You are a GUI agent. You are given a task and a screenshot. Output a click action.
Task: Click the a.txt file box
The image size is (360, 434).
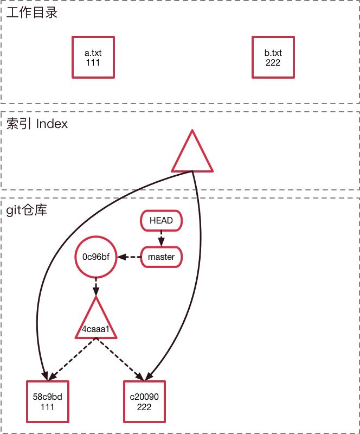pyautogui.click(x=93, y=57)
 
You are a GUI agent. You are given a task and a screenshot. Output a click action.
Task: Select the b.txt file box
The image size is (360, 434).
pyautogui.click(x=273, y=57)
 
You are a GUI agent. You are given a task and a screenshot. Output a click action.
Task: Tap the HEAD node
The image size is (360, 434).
pyautogui.click(x=161, y=221)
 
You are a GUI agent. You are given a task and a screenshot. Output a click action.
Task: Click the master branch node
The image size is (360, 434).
pyautogui.click(x=161, y=257)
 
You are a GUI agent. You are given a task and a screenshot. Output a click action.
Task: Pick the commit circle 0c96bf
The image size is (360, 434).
pyautogui.click(x=96, y=257)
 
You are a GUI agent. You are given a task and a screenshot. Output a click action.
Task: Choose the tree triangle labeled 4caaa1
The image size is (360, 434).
pyautogui.click(x=96, y=323)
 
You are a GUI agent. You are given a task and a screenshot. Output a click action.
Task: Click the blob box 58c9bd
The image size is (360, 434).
pyautogui.click(x=48, y=401)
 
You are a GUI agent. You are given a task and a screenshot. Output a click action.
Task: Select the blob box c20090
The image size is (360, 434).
pyautogui.click(x=144, y=401)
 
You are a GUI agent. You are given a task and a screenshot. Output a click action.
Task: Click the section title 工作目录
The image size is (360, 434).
pyautogui.click(x=32, y=12)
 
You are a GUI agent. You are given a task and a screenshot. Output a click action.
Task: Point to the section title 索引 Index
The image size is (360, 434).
pyautogui.click(x=37, y=124)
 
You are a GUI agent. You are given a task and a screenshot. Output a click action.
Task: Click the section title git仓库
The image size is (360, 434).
pyautogui.click(x=27, y=209)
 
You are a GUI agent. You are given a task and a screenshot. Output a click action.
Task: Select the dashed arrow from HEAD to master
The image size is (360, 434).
pyautogui.click(x=161, y=239)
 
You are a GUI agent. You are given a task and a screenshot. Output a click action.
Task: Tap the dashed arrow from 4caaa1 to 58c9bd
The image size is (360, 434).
pyautogui.click(x=73, y=359)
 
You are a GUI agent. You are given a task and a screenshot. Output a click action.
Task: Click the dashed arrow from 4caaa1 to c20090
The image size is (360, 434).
pyautogui.click(x=120, y=359)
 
